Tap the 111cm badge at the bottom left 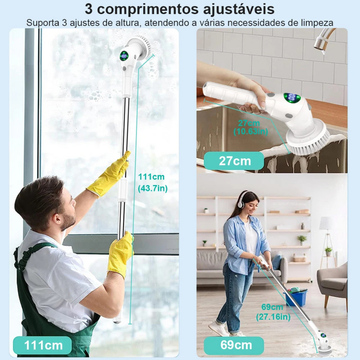tap(42, 346)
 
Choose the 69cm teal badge tap(234, 346)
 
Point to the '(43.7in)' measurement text tap(153, 189)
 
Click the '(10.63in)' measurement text tap(251, 131)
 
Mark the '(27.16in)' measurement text tap(273, 317)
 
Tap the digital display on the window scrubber tap(124, 56)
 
